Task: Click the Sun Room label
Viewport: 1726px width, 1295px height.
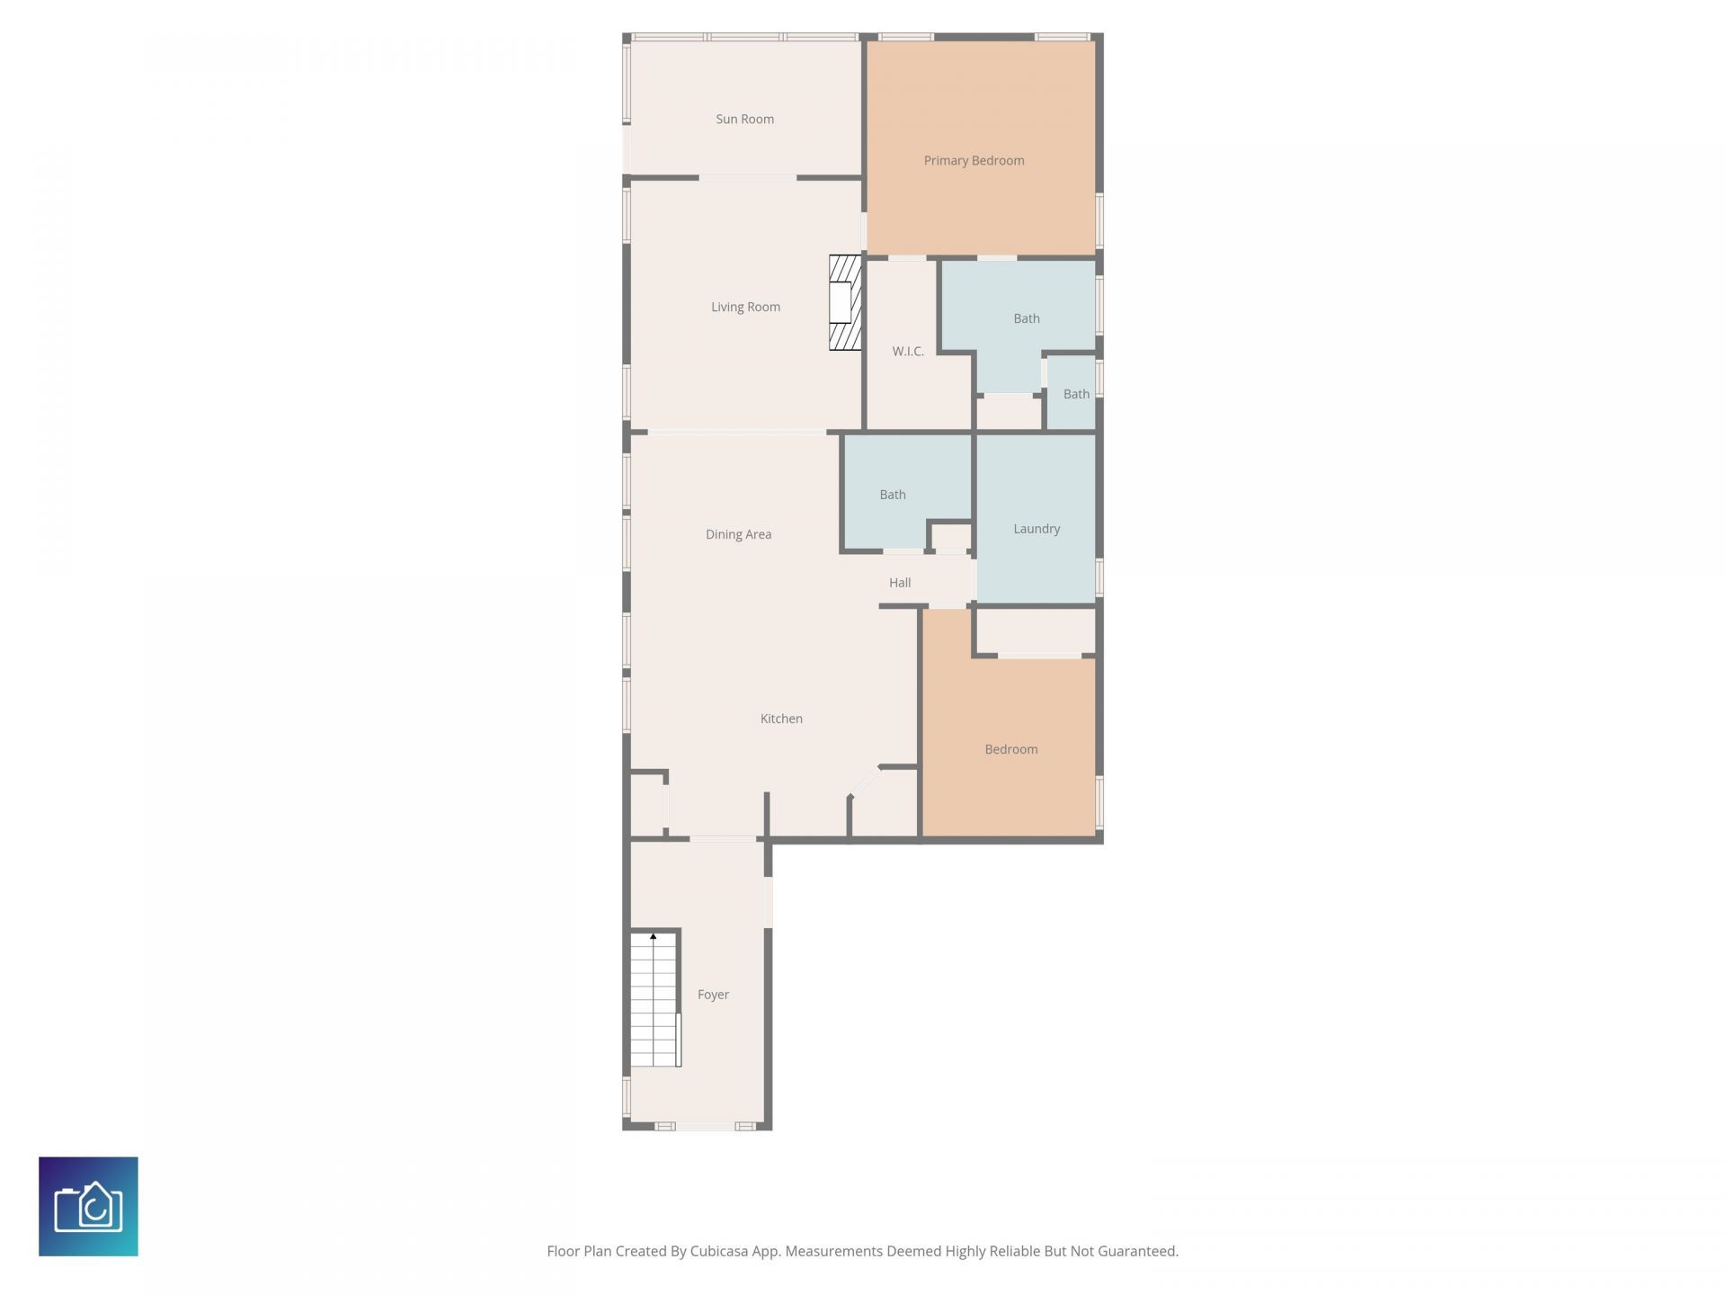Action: click(x=744, y=119)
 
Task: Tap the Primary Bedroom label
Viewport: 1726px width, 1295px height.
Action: click(x=974, y=160)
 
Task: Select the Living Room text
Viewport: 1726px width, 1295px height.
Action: click(x=745, y=307)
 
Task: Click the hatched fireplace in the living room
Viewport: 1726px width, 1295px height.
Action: click(x=844, y=302)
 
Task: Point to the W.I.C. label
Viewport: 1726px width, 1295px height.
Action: click(x=908, y=351)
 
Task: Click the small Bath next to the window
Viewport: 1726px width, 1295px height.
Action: click(x=1075, y=394)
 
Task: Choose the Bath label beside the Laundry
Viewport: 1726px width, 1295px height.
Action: click(x=892, y=495)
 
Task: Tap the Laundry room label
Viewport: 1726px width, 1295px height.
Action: click(x=1036, y=529)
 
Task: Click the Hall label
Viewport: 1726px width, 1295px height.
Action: click(x=900, y=583)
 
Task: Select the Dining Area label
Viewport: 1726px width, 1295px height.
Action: click(x=738, y=534)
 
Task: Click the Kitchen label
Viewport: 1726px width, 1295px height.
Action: click(x=781, y=719)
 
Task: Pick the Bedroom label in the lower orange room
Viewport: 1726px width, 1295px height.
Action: click(x=1010, y=749)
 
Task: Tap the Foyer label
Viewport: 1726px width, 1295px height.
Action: click(x=713, y=995)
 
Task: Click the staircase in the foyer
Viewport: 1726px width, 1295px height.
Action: click(x=654, y=1003)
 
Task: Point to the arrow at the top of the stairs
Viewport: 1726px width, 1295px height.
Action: click(x=654, y=937)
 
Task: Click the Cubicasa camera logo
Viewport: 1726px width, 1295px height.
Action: click(x=88, y=1206)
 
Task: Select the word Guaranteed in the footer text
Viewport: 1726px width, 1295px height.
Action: click(x=1139, y=1251)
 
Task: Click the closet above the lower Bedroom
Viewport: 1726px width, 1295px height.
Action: click(x=1036, y=631)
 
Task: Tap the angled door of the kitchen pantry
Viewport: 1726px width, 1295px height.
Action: click(x=865, y=782)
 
